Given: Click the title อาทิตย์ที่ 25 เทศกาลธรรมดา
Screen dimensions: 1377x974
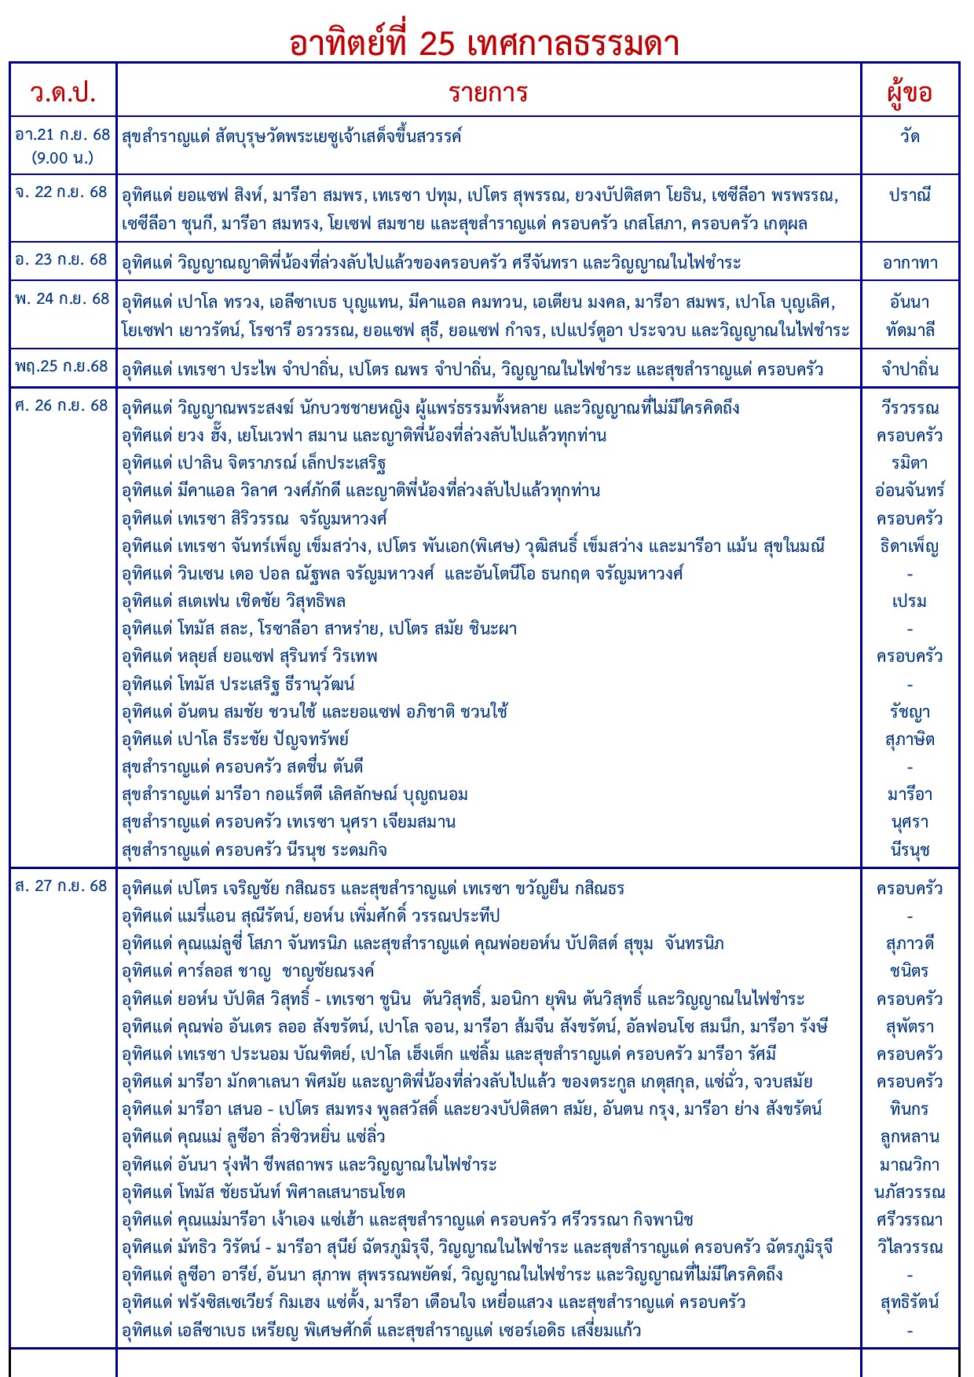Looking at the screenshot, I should click(484, 44).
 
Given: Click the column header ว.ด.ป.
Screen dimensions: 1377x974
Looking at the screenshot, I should click(63, 93).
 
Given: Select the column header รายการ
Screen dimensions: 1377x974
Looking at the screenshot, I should click(488, 93).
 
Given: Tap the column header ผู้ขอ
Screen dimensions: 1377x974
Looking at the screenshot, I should click(910, 93).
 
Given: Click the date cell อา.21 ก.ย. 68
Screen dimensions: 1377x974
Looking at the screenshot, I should click(63, 135).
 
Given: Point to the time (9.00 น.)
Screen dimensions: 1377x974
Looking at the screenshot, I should click(63, 158).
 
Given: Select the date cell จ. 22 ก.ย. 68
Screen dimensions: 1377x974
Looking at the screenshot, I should click(61, 192).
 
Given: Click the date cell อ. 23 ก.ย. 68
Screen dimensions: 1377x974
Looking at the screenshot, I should click(61, 260).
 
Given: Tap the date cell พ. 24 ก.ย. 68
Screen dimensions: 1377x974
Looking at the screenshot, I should click(62, 299).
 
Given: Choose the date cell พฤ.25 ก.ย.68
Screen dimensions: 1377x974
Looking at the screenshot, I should click(62, 367).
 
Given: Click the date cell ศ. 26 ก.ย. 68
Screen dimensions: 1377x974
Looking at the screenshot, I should click(61, 406).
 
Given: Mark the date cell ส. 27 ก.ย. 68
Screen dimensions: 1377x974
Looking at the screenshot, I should click(61, 886).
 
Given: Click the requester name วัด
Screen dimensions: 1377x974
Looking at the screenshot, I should click(910, 137).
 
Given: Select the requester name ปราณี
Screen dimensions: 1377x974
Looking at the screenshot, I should click(910, 195).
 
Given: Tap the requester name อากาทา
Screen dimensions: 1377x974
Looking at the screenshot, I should click(910, 263).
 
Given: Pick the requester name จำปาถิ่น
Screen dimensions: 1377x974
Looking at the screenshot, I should click(910, 369).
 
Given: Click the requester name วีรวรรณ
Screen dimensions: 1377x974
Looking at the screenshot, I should click(910, 408).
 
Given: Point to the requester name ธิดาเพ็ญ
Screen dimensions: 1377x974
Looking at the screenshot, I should click(910, 546).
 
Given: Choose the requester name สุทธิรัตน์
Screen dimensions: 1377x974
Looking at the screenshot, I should click(910, 1302).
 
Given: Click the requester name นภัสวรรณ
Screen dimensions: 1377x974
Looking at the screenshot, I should click(910, 1193).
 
